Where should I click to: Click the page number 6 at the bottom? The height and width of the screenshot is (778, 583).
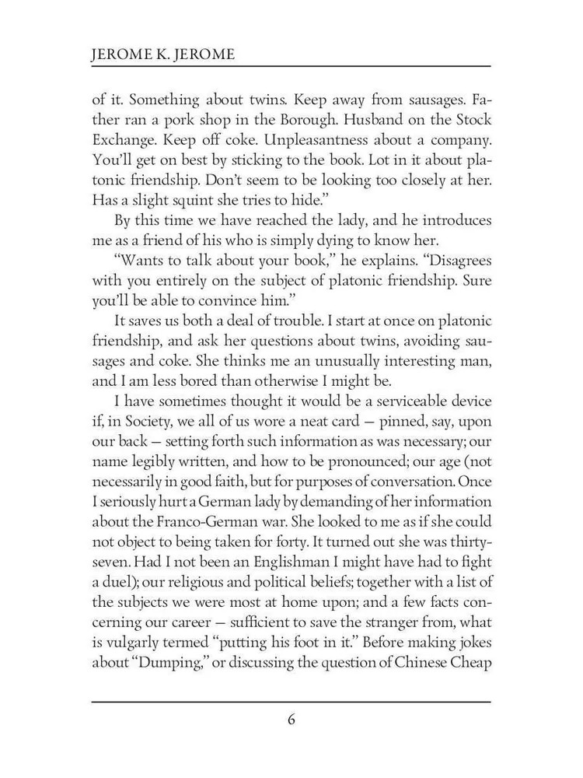pyautogui.click(x=291, y=719)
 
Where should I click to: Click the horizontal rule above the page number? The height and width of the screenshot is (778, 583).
pyautogui.click(x=291, y=702)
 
